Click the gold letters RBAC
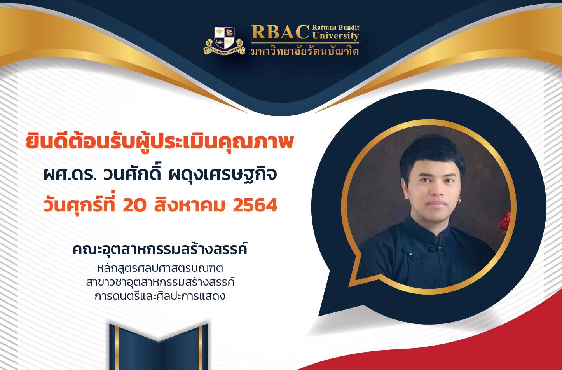(x=280, y=32)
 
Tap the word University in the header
(x=336, y=36)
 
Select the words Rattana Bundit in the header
(x=336, y=27)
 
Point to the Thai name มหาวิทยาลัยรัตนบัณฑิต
(x=305, y=51)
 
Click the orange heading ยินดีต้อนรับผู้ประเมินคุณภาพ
(x=160, y=143)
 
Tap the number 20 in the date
(x=134, y=206)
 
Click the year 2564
(x=255, y=206)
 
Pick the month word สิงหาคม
(x=189, y=205)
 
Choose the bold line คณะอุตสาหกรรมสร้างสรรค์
(x=160, y=249)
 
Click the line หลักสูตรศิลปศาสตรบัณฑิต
(x=160, y=268)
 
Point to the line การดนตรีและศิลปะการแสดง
(x=160, y=296)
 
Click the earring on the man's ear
(x=459, y=200)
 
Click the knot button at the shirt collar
(x=433, y=248)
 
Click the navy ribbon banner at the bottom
(x=159, y=347)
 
